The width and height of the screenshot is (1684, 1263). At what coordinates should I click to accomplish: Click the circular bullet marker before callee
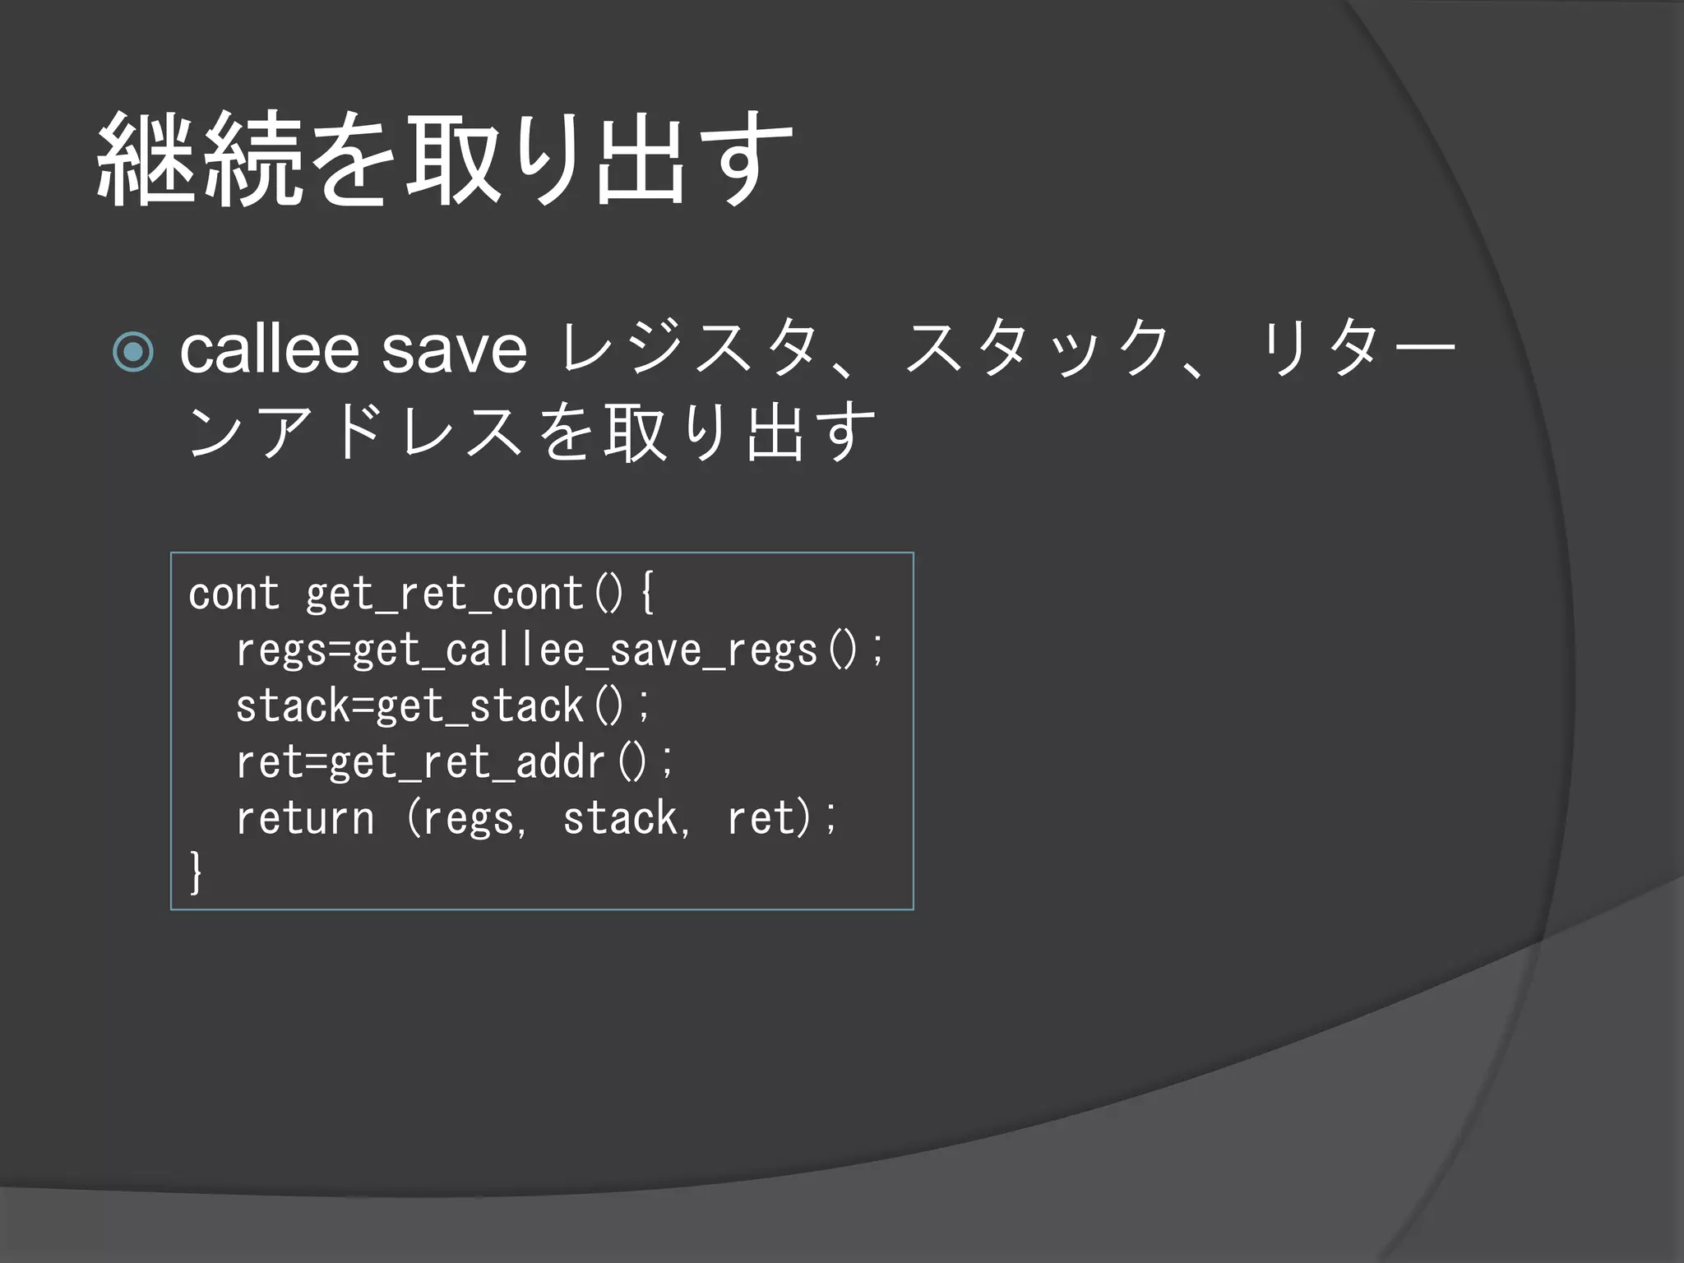pyautogui.click(x=133, y=352)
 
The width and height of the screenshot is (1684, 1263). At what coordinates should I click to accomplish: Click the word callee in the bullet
pyautogui.click(x=269, y=350)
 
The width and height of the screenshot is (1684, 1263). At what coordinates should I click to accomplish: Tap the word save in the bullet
pyautogui.click(x=454, y=350)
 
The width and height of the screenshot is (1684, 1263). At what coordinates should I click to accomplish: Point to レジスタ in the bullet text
pyautogui.click(x=689, y=350)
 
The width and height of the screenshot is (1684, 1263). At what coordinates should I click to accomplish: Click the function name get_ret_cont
pyautogui.click(x=444, y=594)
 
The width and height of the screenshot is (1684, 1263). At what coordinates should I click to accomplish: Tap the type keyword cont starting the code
pyautogui.click(x=234, y=594)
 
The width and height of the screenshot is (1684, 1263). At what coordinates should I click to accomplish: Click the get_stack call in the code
pyautogui.click(x=479, y=706)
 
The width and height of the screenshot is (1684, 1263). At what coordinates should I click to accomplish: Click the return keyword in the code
pyautogui.click(x=305, y=818)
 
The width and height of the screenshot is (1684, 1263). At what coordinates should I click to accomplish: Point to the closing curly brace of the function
pyautogui.click(x=196, y=872)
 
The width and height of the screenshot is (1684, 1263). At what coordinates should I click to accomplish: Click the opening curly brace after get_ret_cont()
pyautogui.click(x=647, y=594)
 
